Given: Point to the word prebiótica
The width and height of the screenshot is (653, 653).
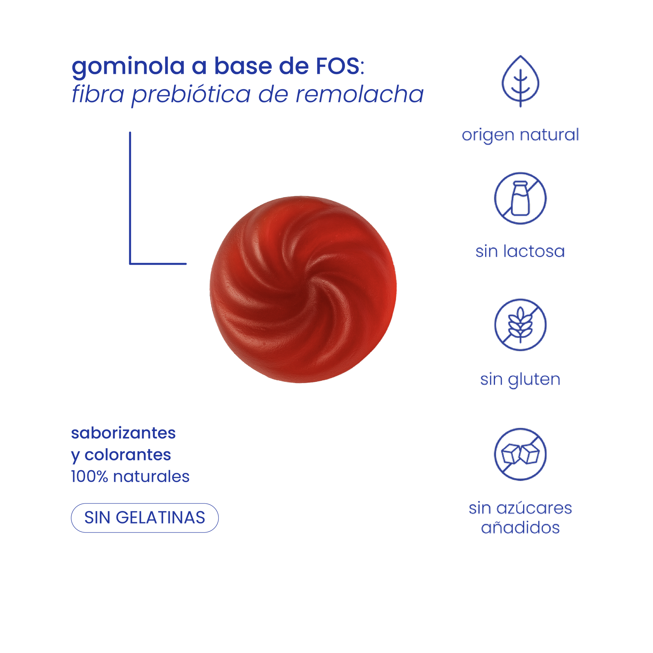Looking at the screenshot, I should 191,96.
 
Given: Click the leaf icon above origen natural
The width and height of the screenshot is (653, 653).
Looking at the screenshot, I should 520,82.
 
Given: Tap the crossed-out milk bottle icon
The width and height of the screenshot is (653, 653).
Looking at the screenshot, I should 520,198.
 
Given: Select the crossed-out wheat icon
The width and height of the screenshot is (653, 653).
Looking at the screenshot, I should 520,324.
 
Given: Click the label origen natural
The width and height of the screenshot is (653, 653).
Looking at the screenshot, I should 520,135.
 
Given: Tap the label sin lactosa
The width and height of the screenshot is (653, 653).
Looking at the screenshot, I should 520,252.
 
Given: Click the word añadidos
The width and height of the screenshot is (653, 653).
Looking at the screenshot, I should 520,528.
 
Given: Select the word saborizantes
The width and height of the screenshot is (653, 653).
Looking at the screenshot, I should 123,433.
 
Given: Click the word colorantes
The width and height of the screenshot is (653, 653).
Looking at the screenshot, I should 128,455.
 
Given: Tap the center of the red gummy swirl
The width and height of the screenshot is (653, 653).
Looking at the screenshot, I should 303,289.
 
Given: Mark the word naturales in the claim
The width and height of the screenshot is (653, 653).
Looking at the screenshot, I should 151,477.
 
